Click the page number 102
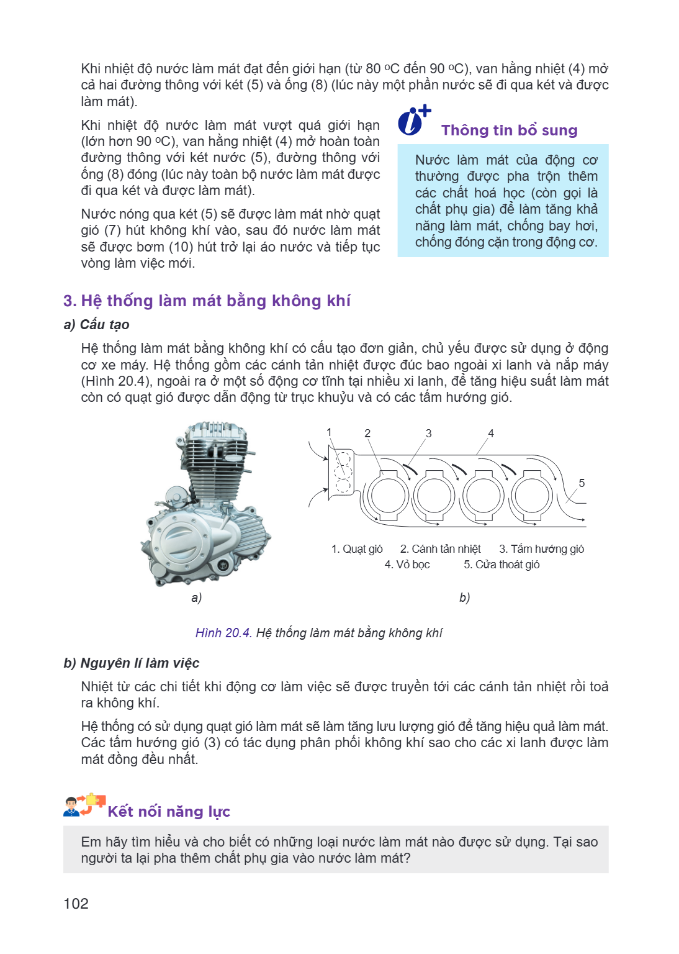pyautogui.click(x=76, y=903)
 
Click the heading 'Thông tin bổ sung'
pyautogui.click(x=509, y=130)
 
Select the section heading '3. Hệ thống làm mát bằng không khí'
pyautogui.click(x=207, y=301)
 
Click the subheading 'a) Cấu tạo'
pyautogui.click(x=96, y=325)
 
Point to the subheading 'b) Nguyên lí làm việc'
pyautogui.click(x=131, y=663)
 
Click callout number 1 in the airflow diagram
pyautogui.click(x=329, y=432)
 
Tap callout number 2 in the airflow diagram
pyautogui.click(x=367, y=433)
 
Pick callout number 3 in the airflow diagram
pyautogui.click(x=429, y=433)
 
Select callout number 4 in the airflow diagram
pyautogui.click(x=491, y=433)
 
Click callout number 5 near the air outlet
pyautogui.click(x=582, y=483)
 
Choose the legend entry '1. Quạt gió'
pyautogui.click(x=357, y=549)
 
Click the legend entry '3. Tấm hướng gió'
pyautogui.click(x=541, y=549)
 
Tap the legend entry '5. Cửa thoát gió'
pyautogui.click(x=501, y=565)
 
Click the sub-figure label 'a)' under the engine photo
pyautogui.click(x=196, y=597)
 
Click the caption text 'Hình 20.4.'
pyautogui.click(x=224, y=633)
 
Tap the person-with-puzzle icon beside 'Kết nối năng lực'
pyautogui.click(x=84, y=806)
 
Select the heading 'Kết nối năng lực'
pyautogui.click(x=169, y=811)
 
